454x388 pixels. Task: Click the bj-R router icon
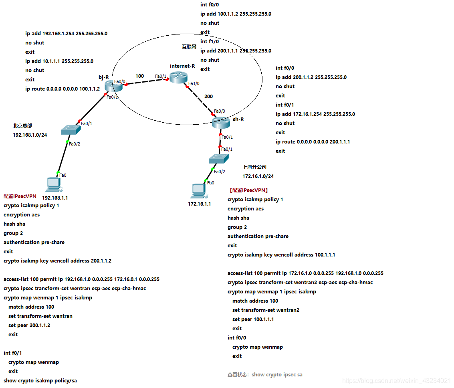(x=109, y=85)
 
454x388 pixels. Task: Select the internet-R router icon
(x=176, y=77)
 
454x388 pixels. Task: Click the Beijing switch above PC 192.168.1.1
(x=71, y=130)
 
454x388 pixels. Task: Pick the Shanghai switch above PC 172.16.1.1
(x=218, y=159)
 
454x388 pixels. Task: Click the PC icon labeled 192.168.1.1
(x=54, y=184)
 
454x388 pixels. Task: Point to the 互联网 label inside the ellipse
(x=189, y=47)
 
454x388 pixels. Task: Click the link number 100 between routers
(x=139, y=76)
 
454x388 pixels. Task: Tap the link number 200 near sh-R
(x=208, y=97)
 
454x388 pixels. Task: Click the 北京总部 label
(x=22, y=126)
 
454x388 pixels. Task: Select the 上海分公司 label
(x=254, y=167)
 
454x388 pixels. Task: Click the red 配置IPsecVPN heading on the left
(x=20, y=196)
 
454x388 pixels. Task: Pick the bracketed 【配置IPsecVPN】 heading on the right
(x=248, y=190)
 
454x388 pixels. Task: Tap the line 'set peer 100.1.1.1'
(x=253, y=319)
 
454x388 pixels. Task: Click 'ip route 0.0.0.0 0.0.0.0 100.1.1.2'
(x=63, y=89)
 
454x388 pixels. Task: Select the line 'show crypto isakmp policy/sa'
(x=40, y=381)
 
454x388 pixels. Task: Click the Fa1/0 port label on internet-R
(x=194, y=84)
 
